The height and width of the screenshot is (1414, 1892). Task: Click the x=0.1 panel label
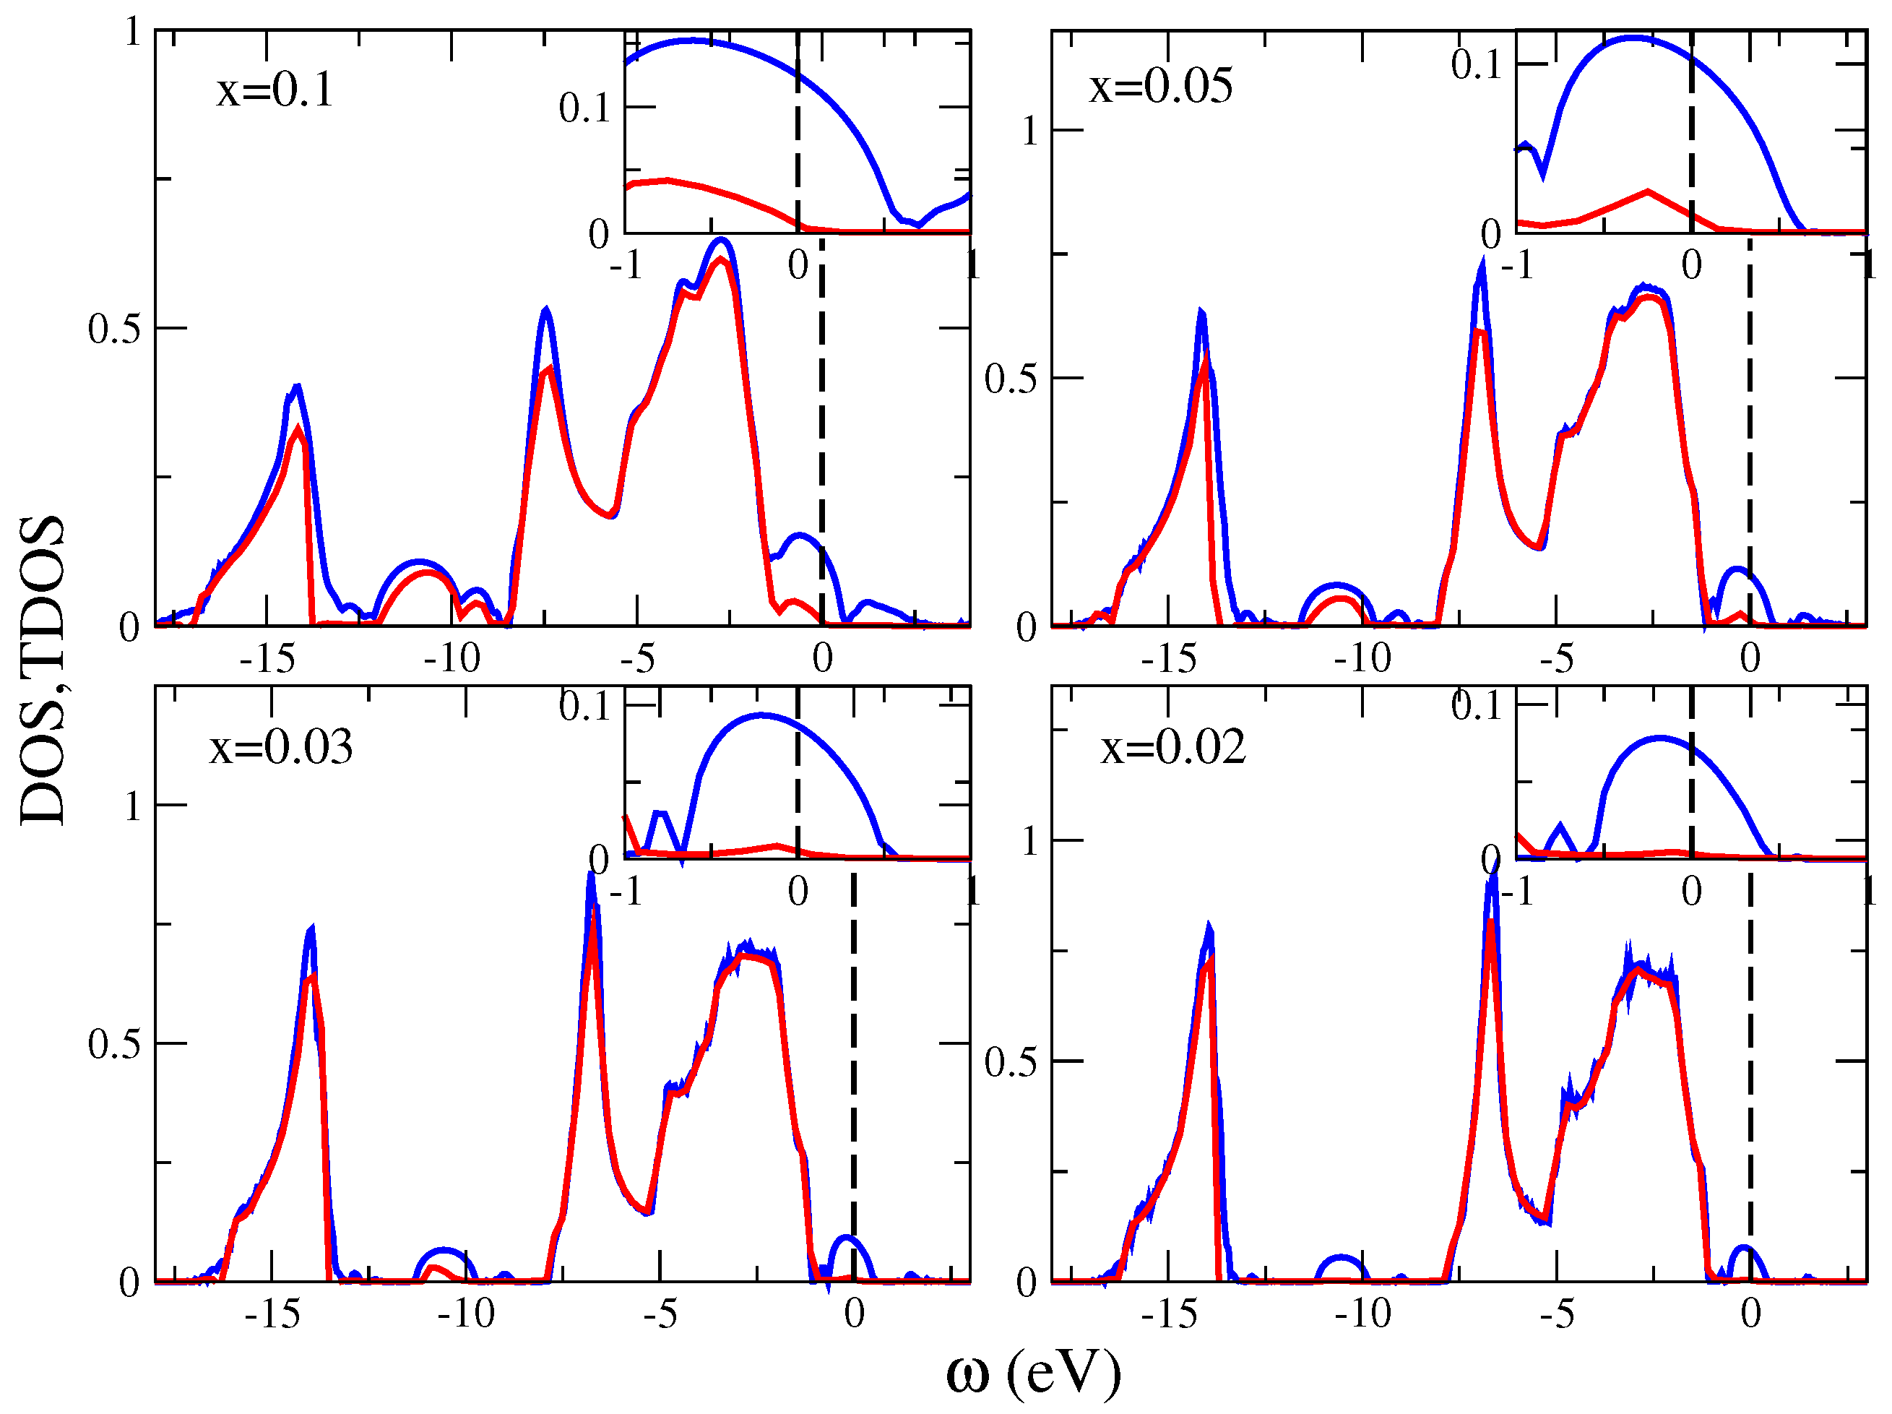(275, 90)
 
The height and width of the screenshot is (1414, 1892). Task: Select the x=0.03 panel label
(280, 747)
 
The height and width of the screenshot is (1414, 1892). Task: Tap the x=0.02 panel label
(1172, 747)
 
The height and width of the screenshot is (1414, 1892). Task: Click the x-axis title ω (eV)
(1032, 1373)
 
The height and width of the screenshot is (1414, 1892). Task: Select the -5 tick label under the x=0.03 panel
(660, 1313)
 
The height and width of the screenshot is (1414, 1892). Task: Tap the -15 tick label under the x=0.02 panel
(1168, 1313)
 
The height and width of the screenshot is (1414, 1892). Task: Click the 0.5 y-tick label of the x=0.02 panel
(1010, 1061)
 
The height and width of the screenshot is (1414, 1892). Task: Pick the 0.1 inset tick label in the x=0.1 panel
(584, 108)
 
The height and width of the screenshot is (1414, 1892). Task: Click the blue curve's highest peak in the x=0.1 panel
(722, 241)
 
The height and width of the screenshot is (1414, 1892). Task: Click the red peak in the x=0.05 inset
(1646, 191)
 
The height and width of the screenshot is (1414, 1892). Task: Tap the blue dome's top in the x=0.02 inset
(1660, 738)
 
